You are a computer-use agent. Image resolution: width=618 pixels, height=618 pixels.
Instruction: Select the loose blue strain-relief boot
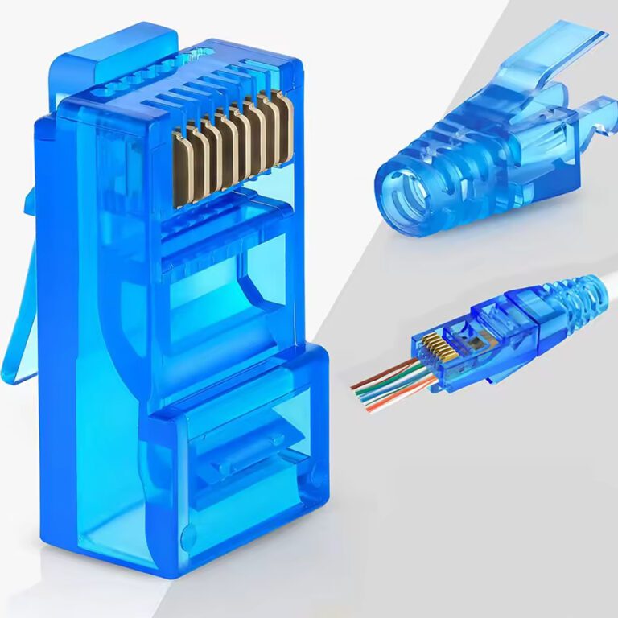pos(483,137)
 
